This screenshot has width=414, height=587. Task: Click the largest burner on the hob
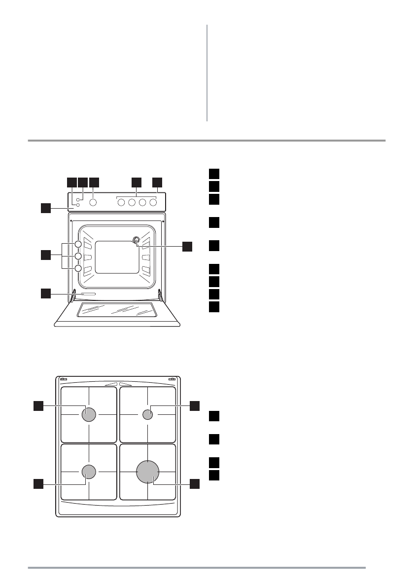click(x=148, y=472)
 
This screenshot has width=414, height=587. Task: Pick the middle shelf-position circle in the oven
click(x=78, y=256)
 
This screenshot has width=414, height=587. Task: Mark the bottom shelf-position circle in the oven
click(x=78, y=268)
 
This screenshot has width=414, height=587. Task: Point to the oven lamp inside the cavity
click(x=136, y=240)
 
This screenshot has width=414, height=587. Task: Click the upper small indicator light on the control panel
click(x=78, y=200)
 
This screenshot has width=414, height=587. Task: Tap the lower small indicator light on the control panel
click(x=78, y=205)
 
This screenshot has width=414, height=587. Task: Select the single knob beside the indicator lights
click(x=93, y=202)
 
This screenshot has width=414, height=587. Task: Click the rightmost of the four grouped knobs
click(x=153, y=202)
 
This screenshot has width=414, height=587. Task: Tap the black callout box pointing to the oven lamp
click(x=188, y=246)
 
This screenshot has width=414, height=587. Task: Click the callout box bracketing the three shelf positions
click(x=45, y=255)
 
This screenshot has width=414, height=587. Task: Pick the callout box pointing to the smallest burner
click(x=195, y=405)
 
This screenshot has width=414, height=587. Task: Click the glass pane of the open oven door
click(x=117, y=310)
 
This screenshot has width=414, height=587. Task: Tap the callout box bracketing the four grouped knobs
click(x=137, y=182)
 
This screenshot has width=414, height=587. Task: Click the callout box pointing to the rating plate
click(x=45, y=294)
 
